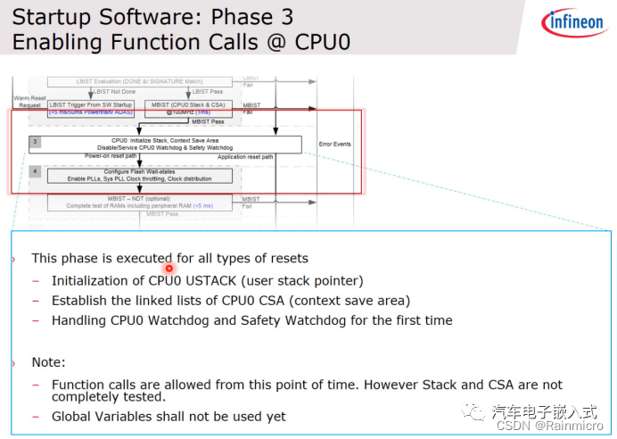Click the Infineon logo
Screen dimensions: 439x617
click(x=573, y=24)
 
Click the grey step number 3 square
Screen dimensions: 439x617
click(x=35, y=142)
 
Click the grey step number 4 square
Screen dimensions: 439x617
click(x=35, y=170)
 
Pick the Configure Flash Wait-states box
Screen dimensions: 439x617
click(x=142, y=175)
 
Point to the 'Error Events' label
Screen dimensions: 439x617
click(x=334, y=144)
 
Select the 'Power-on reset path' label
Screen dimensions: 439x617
click(x=110, y=155)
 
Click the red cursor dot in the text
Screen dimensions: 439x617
click(x=169, y=268)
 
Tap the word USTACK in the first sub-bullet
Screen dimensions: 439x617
click(x=217, y=280)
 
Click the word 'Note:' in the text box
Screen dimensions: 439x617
click(x=48, y=362)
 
